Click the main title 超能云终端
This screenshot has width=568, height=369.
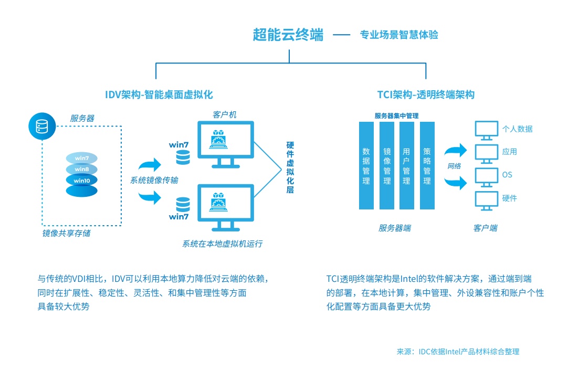[x=288, y=35]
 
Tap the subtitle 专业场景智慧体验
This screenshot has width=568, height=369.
[x=399, y=35]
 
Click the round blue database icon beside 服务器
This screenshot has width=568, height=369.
[x=41, y=126]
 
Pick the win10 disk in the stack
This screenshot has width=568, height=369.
[x=82, y=181]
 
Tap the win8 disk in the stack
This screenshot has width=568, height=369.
[x=82, y=169]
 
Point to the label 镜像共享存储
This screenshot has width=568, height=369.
[x=66, y=233]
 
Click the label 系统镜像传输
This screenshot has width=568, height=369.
[x=154, y=180]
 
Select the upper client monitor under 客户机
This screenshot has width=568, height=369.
[x=225, y=143]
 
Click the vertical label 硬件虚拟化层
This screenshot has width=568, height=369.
[x=290, y=167]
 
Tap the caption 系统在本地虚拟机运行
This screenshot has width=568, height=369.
[x=222, y=244]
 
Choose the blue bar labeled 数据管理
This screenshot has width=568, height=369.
[x=366, y=165]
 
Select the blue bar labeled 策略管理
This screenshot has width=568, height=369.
[x=427, y=165]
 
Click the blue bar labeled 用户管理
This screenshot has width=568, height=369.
[x=406, y=165]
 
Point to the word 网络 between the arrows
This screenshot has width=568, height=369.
[x=455, y=166]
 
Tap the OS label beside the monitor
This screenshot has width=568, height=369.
[x=507, y=175]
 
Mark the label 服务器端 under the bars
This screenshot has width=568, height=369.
[x=395, y=228]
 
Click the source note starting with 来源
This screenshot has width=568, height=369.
[x=458, y=351]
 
